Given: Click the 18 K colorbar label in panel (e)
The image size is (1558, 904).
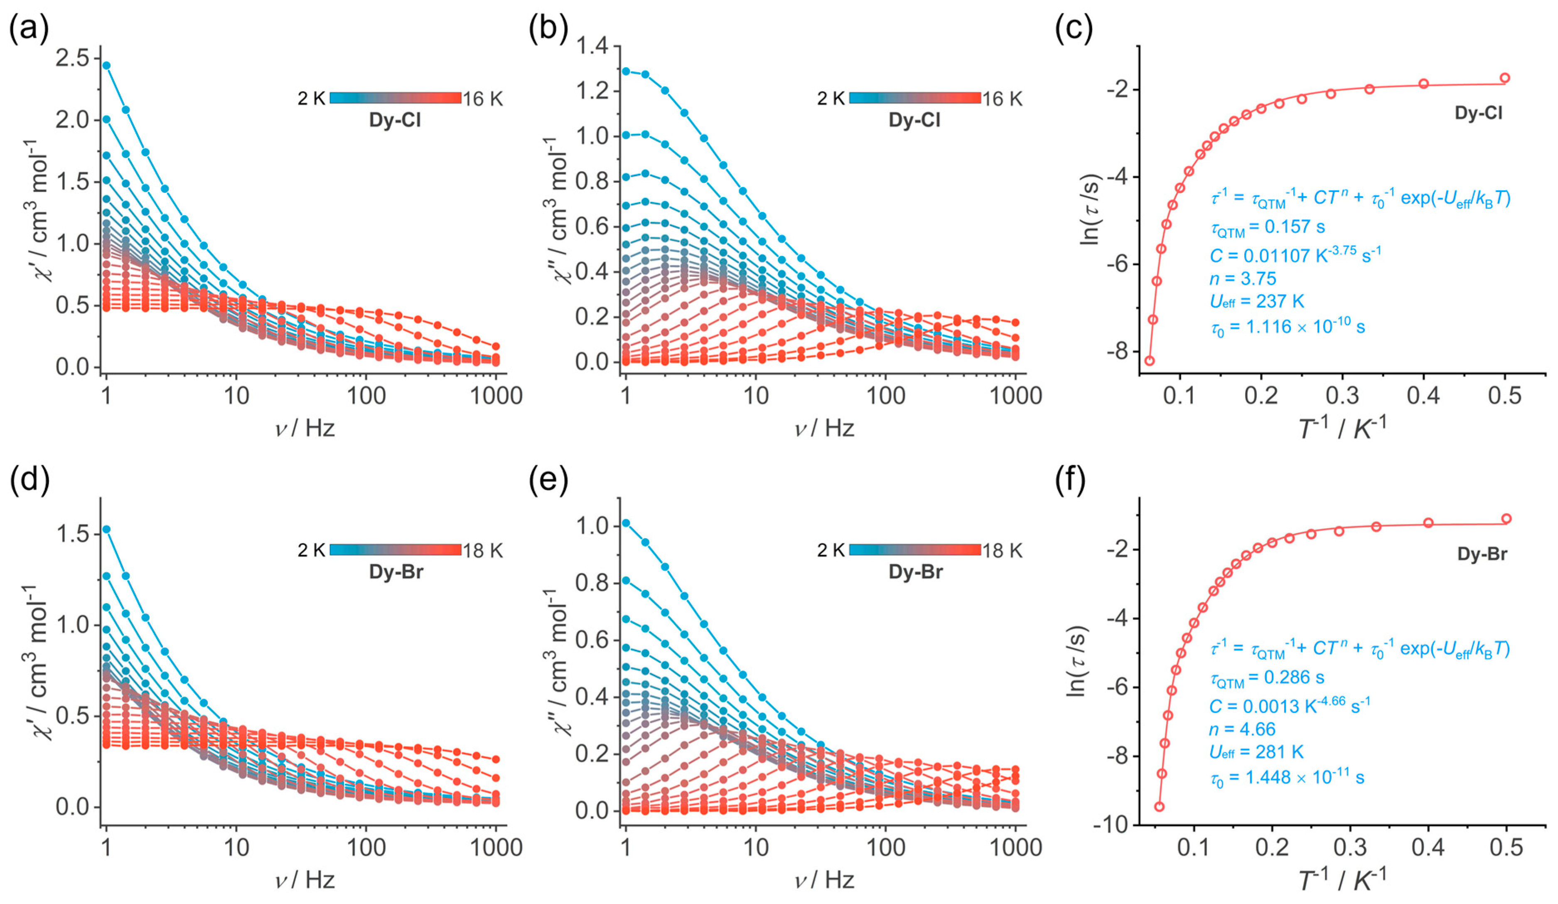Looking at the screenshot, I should (1003, 550).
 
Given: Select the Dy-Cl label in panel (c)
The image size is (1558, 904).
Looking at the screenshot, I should (1478, 113).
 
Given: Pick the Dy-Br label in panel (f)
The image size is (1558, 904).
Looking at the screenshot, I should (1482, 554).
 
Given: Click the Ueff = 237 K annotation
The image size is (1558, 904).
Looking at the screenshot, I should (1257, 302).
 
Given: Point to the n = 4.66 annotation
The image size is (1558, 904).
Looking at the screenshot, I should (1242, 729).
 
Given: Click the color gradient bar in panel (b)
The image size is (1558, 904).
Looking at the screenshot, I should (915, 98).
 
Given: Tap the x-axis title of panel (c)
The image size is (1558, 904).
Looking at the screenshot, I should (1342, 428).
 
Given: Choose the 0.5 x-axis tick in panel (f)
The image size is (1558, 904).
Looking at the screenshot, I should (1506, 847).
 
